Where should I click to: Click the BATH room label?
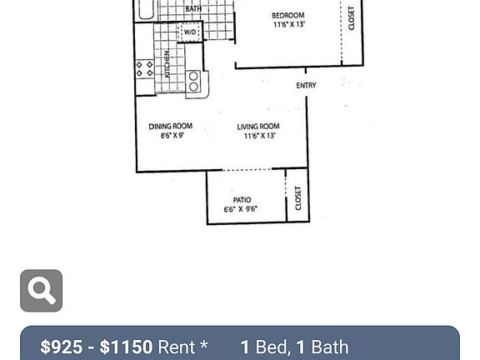pyautogui.click(x=193, y=9)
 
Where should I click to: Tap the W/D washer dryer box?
pyautogui.click(x=190, y=32)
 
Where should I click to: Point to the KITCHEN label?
pyautogui.click(x=167, y=64)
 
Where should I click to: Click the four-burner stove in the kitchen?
pyautogui.click(x=144, y=69)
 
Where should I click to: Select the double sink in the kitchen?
pyautogui.click(x=194, y=81)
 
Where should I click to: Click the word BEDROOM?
pyautogui.click(x=288, y=15)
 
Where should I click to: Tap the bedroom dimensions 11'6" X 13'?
pyautogui.click(x=288, y=25)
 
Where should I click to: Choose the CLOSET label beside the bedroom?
pyautogui.click(x=352, y=18)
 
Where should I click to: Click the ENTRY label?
pyautogui.click(x=306, y=86)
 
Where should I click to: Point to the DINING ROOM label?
pyautogui.click(x=170, y=127)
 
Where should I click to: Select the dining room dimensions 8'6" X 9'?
pyautogui.click(x=172, y=136)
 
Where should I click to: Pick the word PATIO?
pyautogui.click(x=242, y=200)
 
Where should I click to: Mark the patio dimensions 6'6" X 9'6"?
pyautogui.click(x=241, y=209)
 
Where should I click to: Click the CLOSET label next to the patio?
pyautogui.click(x=297, y=197)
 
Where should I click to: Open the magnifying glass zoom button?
pyautogui.click(x=42, y=291)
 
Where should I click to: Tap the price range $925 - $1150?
pyautogui.click(x=97, y=347)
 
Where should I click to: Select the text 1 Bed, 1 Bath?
pyautogui.click(x=294, y=347)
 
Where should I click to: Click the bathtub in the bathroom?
pyautogui.click(x=146, y=9)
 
